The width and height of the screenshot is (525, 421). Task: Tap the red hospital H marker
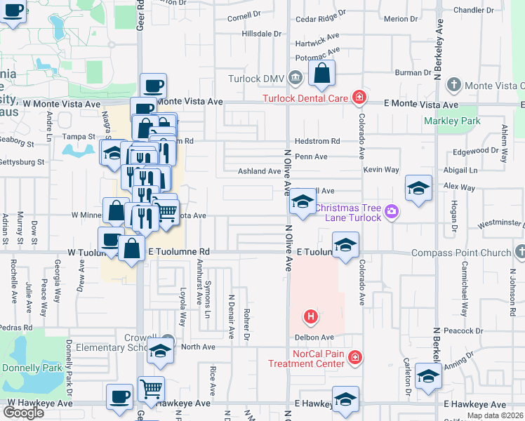pyautogui.click(x=311, y=318)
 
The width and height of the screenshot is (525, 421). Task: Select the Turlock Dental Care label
pyautogui.click(x=306, y=98)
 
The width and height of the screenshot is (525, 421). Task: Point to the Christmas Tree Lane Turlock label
pyautogui.click(x=347, y=213)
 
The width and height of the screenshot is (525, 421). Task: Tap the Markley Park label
pyautogui.click(x=452, y=121)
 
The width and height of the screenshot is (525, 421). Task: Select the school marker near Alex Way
pyautogui.click(x=418, y=188)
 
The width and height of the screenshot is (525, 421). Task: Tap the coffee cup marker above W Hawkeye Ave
pyautogui.click(x=119, y=396)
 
